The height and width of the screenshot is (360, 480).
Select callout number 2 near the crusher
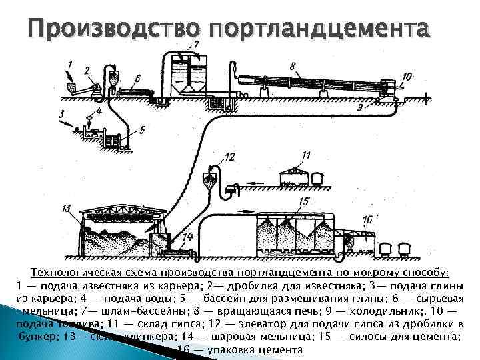tap(87, 70)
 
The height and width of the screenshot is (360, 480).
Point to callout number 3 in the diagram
tap(61, 114)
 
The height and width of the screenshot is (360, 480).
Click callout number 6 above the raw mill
tap(137, 78)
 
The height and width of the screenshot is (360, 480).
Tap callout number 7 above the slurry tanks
tap(196, 45)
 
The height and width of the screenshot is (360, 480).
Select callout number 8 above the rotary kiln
tap(292, 66)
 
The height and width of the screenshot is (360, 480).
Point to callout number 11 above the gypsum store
tap(305, 155)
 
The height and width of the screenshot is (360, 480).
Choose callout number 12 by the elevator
tap(229, 157)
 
